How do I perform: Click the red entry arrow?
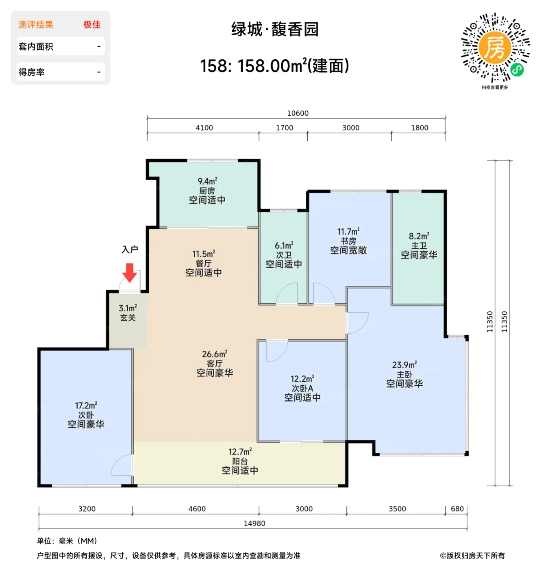[x=129, y=272]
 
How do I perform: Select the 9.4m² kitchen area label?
[x=207, y=181]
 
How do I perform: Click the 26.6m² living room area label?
[x=214, y=354]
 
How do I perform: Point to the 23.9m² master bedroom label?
[x=404, y=365]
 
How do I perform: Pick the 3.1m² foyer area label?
[x=128, y=308]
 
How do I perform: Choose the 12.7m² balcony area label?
[x=240, y=452]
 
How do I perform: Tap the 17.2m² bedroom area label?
[x=86, y=405]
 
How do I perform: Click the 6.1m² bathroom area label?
[x=284, y=245]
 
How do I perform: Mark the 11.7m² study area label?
[x=348, y=231]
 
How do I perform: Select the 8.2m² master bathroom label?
[x=419, y=236]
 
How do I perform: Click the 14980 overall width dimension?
[x=254, y=523]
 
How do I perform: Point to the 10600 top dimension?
[x=298, y=113]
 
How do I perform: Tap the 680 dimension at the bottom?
[x=457, y=509]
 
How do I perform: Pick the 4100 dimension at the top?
[x=204, y=128]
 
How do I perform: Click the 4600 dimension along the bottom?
[x=197, y=509]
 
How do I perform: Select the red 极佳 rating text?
[x=91, y=24]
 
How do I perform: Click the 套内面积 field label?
[x=36, y=46]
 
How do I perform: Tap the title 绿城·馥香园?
[x=274, y=29]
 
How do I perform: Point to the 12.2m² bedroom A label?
[x=302, y=379]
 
